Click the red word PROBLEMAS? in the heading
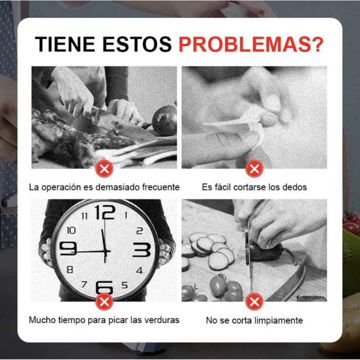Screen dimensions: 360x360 coord(251,44)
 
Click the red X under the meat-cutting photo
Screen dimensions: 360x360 coord(104,168)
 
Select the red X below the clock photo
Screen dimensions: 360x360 coord(104,302)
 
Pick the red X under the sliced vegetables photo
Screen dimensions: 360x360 coord(254,302)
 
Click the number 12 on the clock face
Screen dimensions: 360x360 coord(105,213)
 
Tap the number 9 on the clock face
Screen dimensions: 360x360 coord(68,248)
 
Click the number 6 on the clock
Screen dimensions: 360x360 coord(104,287)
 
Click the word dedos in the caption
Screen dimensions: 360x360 coord(295,187)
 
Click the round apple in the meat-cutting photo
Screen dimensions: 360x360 coord(165,120)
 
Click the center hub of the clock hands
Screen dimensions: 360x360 coord(105,250)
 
